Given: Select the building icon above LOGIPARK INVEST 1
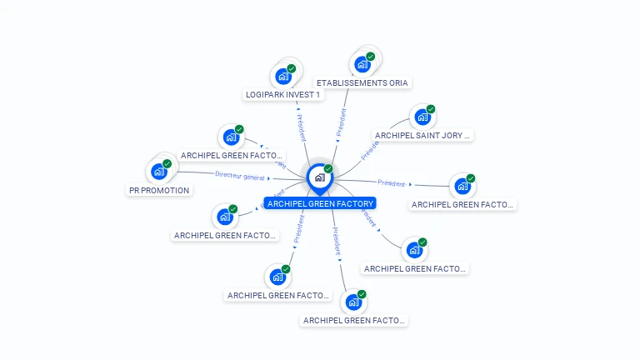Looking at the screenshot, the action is point(283,77).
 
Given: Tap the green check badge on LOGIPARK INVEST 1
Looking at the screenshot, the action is point(292,68).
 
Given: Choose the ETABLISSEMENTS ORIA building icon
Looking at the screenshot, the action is point(362,64).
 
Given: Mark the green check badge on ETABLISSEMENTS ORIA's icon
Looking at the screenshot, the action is point(370,57).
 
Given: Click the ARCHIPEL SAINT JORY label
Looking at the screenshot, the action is point(422,135).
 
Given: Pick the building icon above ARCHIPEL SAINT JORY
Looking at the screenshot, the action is point(422,117).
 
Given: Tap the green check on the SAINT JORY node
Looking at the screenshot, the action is point(431,109).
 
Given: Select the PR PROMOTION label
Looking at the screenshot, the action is point(159,190).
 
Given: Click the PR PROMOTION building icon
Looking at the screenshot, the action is point(158,172).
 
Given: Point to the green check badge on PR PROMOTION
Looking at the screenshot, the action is point(167,163).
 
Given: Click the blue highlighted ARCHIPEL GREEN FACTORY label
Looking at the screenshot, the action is point(321,203).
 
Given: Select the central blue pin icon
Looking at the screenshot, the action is point(319,177).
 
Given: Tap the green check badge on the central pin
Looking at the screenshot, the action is point(328,169).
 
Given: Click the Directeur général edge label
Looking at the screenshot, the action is point(239,176).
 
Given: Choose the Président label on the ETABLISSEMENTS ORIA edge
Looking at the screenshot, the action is point(341,122).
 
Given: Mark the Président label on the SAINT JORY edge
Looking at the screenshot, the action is point(371,149).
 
